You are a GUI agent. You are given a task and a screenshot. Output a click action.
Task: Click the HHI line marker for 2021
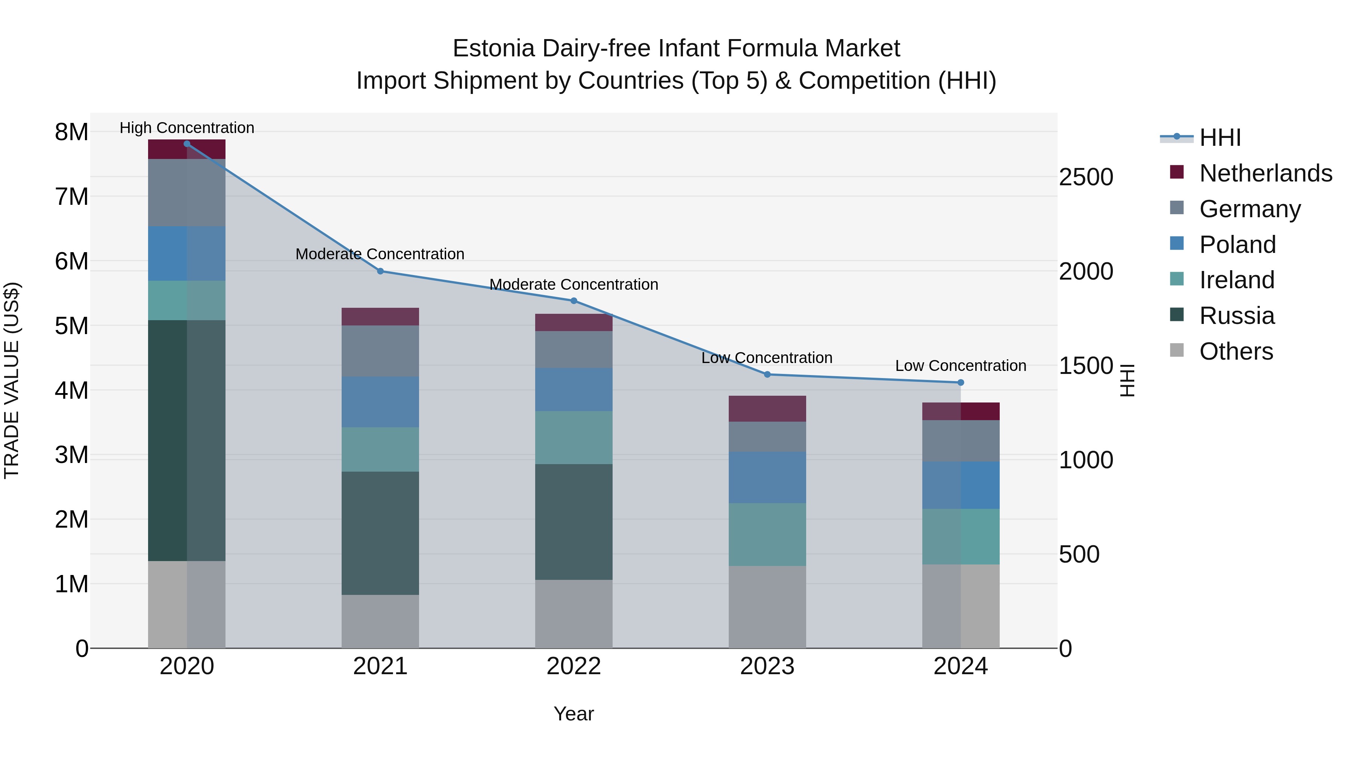[380, 271]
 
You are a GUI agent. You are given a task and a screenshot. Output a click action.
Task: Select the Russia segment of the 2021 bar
[380, 533]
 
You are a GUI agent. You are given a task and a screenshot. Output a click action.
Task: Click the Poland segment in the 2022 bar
[574, 389]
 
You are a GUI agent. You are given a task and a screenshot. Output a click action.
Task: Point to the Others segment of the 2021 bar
[380, 621]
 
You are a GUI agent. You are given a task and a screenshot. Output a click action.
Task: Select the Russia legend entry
[1236, 316]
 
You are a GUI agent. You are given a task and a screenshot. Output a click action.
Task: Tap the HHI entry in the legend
[1220, 138]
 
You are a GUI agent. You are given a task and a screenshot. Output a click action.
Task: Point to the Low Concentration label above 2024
[960, 366]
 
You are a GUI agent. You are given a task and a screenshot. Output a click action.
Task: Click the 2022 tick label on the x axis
[574, 666]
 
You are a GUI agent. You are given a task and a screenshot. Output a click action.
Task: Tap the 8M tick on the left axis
[71, 132]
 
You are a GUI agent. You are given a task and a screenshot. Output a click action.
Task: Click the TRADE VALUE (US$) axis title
[12, 380]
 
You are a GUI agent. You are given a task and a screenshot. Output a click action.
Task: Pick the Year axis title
[574, 714]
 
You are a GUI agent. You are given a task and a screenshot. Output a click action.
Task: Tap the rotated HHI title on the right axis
[1127, 380]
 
